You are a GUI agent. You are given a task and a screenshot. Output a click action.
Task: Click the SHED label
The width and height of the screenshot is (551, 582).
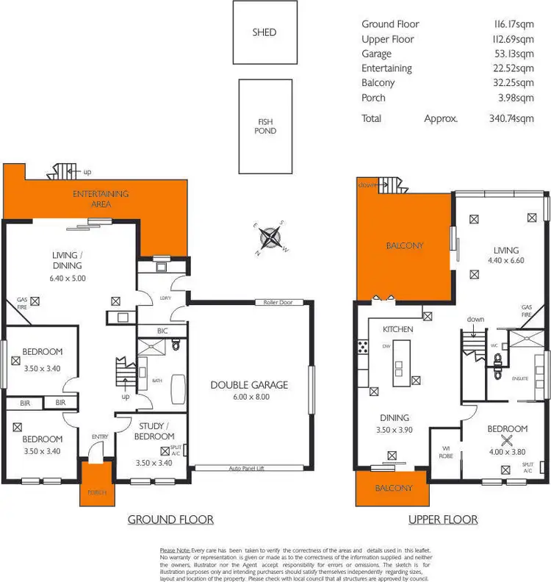click(264, 32)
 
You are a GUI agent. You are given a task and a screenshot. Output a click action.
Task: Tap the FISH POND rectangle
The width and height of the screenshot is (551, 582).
click(265, 126)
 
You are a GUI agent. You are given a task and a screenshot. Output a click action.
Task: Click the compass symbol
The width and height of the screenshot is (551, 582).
click(273, 237)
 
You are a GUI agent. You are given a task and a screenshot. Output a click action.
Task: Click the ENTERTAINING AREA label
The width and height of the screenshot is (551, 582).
click(100, 198)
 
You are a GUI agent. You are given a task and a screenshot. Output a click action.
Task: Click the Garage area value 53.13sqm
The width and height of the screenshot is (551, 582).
click(515, 54)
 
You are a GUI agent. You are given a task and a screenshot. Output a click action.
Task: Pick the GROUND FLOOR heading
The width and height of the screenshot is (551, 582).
click(170, 520)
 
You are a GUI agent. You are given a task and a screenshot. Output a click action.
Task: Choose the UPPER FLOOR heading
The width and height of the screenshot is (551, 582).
click(443, 520)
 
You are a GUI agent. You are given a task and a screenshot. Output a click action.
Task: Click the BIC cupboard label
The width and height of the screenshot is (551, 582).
click(162, 331)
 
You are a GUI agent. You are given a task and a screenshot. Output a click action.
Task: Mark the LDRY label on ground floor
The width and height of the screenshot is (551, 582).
click(165, 298)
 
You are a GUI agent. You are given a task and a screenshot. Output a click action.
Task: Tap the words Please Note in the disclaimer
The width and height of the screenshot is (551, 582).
click(173, 550)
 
